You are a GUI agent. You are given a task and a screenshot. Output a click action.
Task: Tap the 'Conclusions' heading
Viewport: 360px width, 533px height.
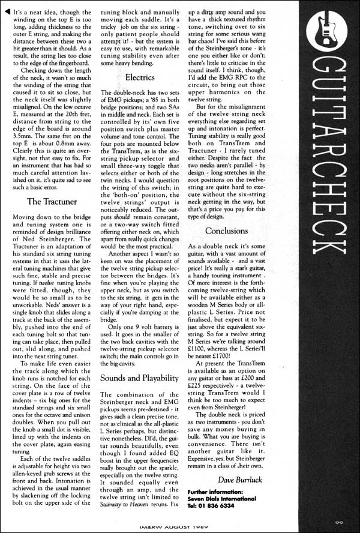click(230, 230)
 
